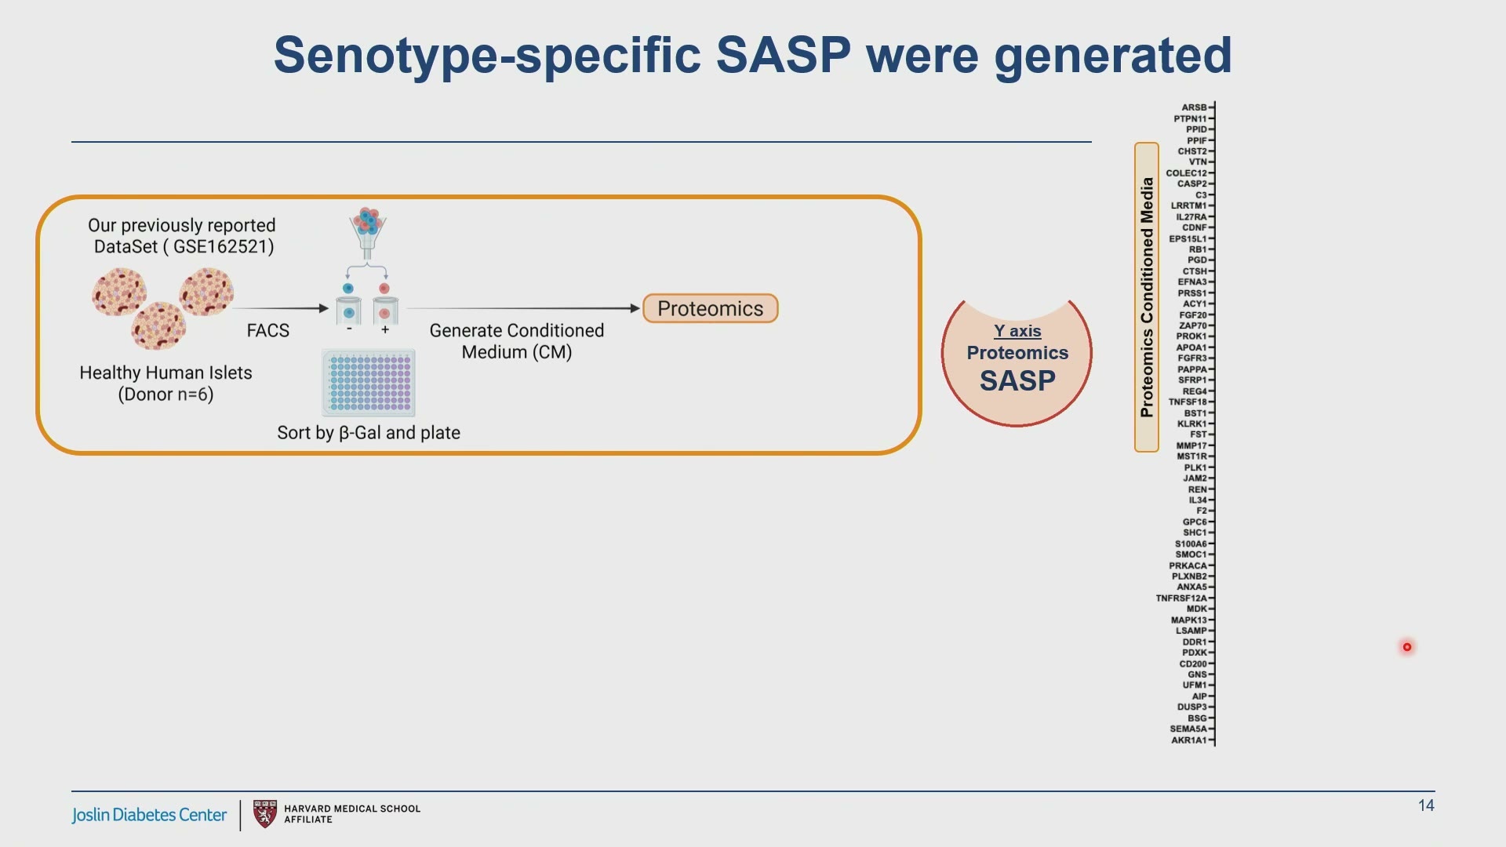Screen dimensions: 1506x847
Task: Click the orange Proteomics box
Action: pyautogui.click(x=711, y=308)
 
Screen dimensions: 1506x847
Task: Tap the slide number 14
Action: pyautogui.click(x=1426, y=805)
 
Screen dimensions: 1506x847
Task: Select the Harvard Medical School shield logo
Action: pyautogui.click(x=265, y=814)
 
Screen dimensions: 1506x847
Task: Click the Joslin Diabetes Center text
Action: pyautogui.click(x=149, y=815)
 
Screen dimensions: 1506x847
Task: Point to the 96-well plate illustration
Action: pyautogui.click(x=369, y=383)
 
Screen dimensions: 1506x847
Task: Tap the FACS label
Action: pyautogui.click(x=268, y=331)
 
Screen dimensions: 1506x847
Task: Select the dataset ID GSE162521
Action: pyautogui.click(x=224, y=246)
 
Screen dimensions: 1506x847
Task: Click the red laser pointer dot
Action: pyautogui.click(x=1407, y=647)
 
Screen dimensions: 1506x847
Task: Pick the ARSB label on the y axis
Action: pyautogui.click(x=1194, y=107)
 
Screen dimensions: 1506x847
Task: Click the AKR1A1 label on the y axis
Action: pyautogui.click(x=1189, y=740)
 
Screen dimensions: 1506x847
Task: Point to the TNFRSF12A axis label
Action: pyautogui.click(x=1181, y=598)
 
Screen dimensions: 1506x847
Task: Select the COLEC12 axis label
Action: pyautogui.click(x=1187, y=173)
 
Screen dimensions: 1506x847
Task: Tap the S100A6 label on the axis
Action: pyautogui.click(x=1191, y=544)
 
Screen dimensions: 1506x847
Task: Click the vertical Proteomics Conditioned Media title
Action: pyautogui.click(x=1147, y=297)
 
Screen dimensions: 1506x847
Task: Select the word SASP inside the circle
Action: pyautogui.click(x=1017, y=381)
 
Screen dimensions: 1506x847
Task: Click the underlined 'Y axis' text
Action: pyautogui.click(x=1017, y=331)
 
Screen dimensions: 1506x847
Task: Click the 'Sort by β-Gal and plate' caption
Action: pyautogui.click(x=369, y=433)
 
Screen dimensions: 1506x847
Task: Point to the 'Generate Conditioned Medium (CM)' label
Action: pyautogui.click(x=517, y=341)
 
